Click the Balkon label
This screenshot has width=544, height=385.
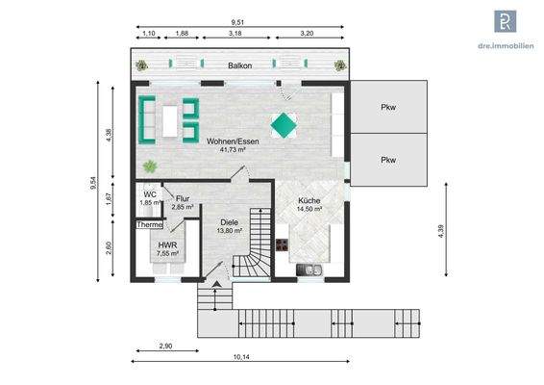pyautogui.click(x=240, y=66)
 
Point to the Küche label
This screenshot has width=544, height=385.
pyautogui.click(x=309, y=200)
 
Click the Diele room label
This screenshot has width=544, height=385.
pyautogui.click(x=229, y=222)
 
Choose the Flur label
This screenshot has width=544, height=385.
pyautogui.click(x=183, y=198)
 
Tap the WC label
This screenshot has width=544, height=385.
pyautogui.click(x=150, y=194)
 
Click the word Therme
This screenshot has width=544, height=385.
pyautogui.click(x=150, y=224)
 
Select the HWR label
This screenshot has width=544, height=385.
pyautogui.click(x=168, y=244)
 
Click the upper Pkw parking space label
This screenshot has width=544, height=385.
pyautogui.click(x=387, y=108)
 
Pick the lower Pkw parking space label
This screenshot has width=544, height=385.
pyautogui.click(x=387, y=160)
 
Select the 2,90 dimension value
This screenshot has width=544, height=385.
pyautogui.click(x=166, y=344)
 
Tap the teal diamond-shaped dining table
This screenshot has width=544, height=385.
pyautogui.click(x=284, y=123)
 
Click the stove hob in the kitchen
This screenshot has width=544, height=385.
pyautogui.click(x=284, y=245)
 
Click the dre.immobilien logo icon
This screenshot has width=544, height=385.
pyautogui.click(x=506, y=22)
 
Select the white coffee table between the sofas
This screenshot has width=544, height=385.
pyautogui.click(x=171, y=119)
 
